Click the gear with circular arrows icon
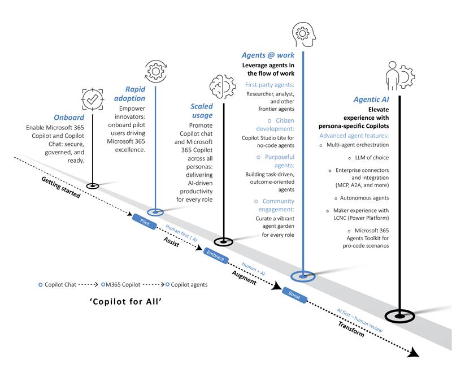pos(156,70)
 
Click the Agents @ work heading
pos(265,55)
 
